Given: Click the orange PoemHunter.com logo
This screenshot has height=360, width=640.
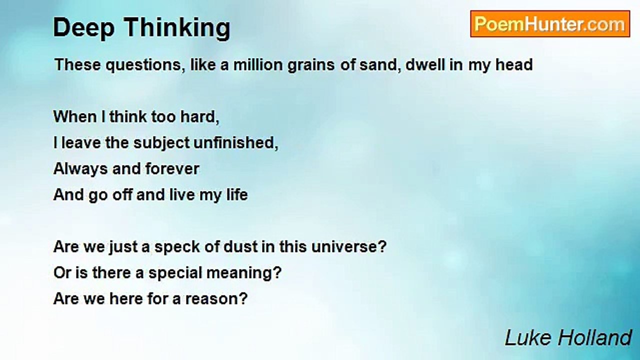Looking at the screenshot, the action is [550, 24].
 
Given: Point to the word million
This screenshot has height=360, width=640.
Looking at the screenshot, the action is [258, 64].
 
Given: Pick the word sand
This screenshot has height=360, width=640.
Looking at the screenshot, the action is [380, 65].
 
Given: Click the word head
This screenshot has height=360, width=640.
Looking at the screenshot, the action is [514, 64].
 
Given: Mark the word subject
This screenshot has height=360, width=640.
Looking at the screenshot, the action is [161, 143].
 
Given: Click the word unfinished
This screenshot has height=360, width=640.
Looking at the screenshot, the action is [236, 143].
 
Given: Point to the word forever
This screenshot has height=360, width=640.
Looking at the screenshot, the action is [172, 169].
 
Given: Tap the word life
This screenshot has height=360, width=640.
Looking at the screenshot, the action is [237, 195].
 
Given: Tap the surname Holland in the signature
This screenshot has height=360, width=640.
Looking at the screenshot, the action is [595, 338].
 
